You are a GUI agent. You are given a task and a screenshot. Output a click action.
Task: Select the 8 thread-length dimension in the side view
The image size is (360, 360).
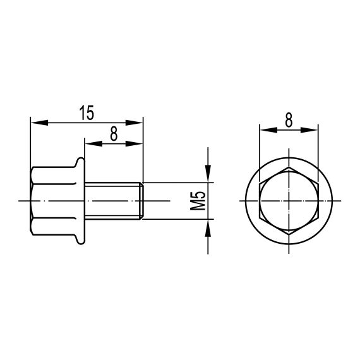tap(114, 133)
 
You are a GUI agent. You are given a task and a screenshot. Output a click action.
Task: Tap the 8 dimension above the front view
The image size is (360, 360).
tap(288, 120)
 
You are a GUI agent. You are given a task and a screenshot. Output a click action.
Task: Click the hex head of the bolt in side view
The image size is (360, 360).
tap(51, 201)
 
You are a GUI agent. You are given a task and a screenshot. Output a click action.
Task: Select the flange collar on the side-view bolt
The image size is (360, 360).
tap(80, 201)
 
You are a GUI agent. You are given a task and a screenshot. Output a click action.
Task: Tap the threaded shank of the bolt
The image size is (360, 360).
tap(114, 201)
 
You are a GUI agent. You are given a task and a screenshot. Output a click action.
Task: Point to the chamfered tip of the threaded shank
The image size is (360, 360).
tap(142, 201)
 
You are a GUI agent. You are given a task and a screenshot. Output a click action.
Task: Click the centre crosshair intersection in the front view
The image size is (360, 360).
tap(289, 201)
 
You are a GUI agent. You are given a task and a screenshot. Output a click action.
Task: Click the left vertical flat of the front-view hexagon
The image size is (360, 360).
tap(261, 201)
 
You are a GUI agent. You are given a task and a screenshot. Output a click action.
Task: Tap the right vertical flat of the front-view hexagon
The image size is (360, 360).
tap(316, 201)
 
